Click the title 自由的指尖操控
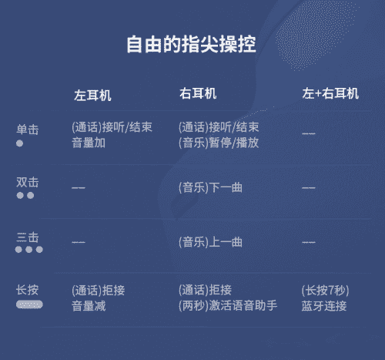tap(191, 45)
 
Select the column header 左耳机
tap(92, 96)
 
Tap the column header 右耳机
tap(198, 93)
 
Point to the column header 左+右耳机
tap(330, 93)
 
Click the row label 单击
tap(28, 130)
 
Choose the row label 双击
tap(28, 182)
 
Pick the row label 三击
tap(28, 237)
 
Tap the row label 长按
tap(28, 290)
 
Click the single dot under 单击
tap(19, 143)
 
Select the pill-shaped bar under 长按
tap(29, 304)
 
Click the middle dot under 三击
tap(29, 249)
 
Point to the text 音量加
tap(89, 143)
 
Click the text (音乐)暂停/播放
tap(219, 143)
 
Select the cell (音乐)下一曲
tap(210, 187)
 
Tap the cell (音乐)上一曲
tap(210, 242)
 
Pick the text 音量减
tap(89, 306)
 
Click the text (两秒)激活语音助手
tap(228, 306)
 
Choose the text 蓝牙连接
tap(324, 306)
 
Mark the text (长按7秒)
tap(325, 291)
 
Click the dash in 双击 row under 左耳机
tap(79, 188)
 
